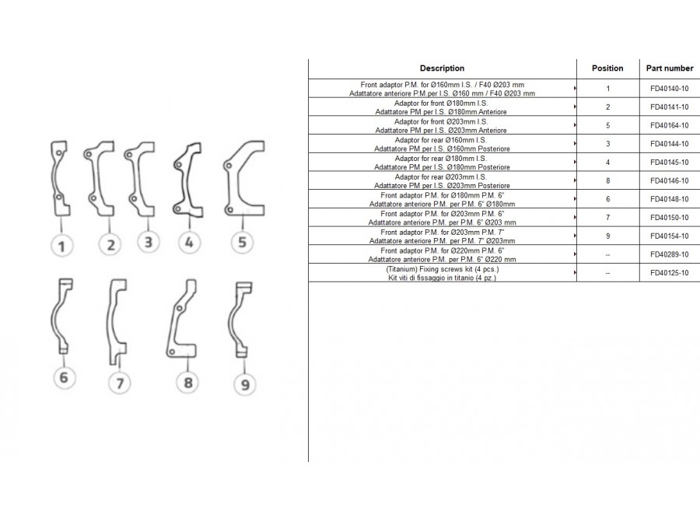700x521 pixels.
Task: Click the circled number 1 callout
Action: pyautogui.click(x=61, y=245)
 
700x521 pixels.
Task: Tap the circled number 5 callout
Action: pyautogui.click(x=243, y=242)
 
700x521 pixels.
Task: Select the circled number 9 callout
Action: pyautogui.click(x=245, y=384)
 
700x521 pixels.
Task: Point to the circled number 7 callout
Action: pyautogui.click(x=120, y=383)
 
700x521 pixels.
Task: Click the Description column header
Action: pyautogui.click(x=442, y=68)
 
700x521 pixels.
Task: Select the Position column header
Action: pyautogui.click(x=607, y=68)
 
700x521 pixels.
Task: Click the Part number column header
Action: pyautogui.click(x=670, y=68)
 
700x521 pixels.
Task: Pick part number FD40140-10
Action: pyautogui.click(x=669, y=89)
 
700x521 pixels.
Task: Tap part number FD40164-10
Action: pyautogui.click(x=669, y=125)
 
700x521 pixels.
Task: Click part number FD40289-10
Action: pyautogui.click(x=669, y=254)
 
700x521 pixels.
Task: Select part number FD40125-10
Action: pyautogui.click(x=669, y=273)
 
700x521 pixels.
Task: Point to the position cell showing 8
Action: pyautogui.click(x=607, y=181)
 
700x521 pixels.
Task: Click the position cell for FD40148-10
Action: pyautogui.click(x=607, y=199)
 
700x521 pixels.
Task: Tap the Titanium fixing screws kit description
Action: pyautogui.click(x=442, y=273)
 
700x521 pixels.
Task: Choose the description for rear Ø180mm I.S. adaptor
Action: pyautogui.click(x=442, y=163)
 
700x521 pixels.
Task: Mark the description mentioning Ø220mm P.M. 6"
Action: pyautogui.click(x=442, y=255)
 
